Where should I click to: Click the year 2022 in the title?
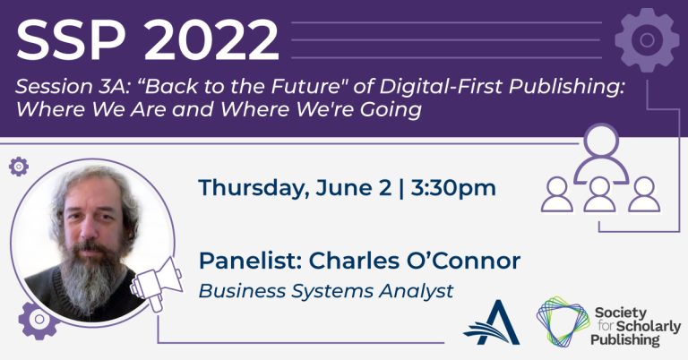(x=211, y=40)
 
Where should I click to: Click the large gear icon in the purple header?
(x=647, y=40)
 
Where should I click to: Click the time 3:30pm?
(x=453, y=188)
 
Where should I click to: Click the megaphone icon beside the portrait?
(x=156, y=284)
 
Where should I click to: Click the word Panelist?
(x=250, y=261)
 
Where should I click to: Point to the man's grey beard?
(x=91, y=276)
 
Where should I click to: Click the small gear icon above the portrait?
(x=19, y=167)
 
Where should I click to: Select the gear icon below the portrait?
(x=39, y=320)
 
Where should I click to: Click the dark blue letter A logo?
(x=492, y=322)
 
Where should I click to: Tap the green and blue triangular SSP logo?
(x=563, y=321)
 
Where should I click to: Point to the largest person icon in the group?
(x=601, y=152)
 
